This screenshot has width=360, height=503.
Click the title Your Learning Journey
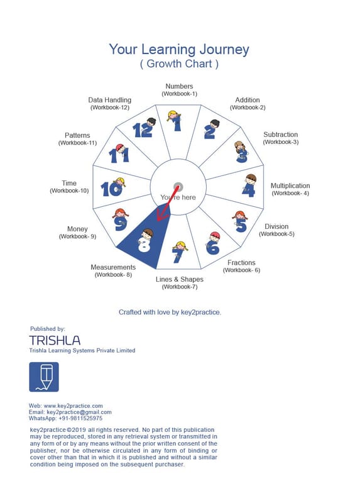179,50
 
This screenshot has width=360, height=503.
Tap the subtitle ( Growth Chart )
179,64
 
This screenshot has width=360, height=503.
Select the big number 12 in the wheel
143,130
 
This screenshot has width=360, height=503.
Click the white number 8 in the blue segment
144,245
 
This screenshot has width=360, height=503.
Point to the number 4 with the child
249,189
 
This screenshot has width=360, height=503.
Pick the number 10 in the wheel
111,189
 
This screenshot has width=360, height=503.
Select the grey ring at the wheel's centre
178,187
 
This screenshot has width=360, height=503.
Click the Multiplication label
290,185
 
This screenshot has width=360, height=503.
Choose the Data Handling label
110,100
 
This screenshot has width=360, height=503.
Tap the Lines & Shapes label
180,279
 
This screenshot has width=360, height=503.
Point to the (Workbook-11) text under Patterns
77,143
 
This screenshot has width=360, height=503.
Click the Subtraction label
280,135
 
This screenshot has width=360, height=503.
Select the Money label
77,229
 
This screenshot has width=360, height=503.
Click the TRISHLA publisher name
55,340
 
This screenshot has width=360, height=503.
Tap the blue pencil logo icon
44,377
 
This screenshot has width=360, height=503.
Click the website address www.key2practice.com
73,406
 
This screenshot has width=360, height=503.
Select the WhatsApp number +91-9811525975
80,418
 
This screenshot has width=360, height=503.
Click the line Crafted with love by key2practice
170,312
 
